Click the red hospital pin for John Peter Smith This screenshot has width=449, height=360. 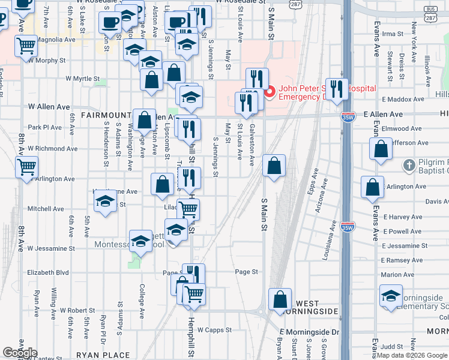[270, 92]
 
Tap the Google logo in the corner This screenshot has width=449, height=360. [19, 353]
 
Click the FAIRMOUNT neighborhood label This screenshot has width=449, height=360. [106, 115]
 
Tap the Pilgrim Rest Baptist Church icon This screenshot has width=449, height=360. [409, 164]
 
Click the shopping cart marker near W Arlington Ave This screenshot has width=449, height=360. [26, 167]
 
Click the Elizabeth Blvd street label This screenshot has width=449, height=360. [48, 272]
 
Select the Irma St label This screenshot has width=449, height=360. [393, 34]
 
